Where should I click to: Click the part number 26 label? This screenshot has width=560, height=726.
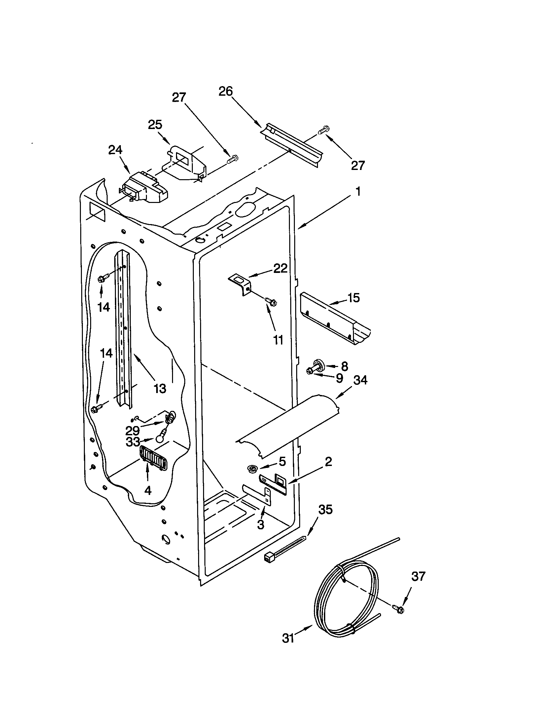[226, 91]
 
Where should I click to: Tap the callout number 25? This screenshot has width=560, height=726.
[155, 125]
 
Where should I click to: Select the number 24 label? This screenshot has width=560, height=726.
[115, 150]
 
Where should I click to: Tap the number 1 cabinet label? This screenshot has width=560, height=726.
[358, 191]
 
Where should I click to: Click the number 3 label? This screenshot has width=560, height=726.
[261, 525]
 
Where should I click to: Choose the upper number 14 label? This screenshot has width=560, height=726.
[104, 307]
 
